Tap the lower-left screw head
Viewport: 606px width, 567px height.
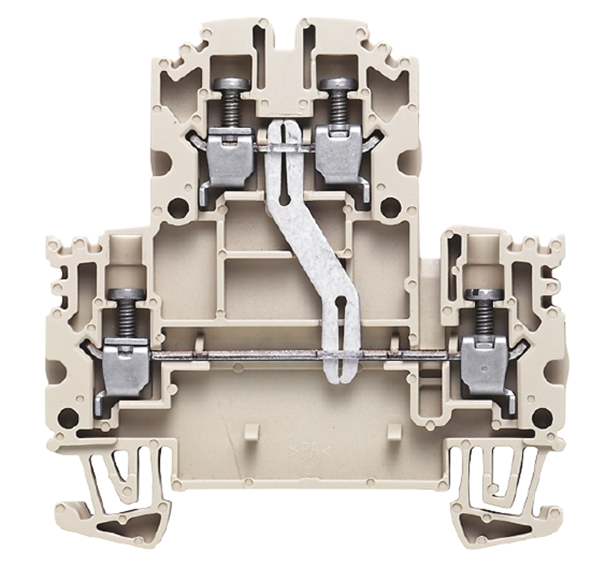tap(122, 294)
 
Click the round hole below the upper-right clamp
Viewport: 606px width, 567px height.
tap(389, 205)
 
